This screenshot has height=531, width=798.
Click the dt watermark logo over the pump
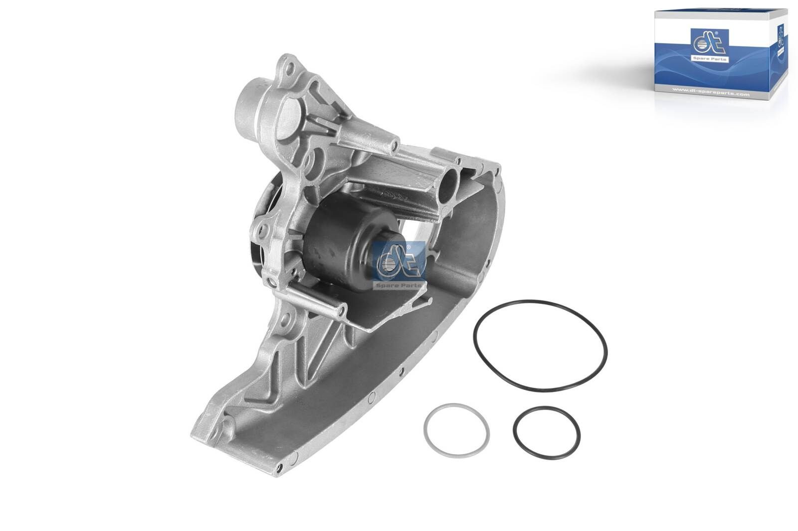(398, 263)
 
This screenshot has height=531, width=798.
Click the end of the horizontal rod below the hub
(342, 312)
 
